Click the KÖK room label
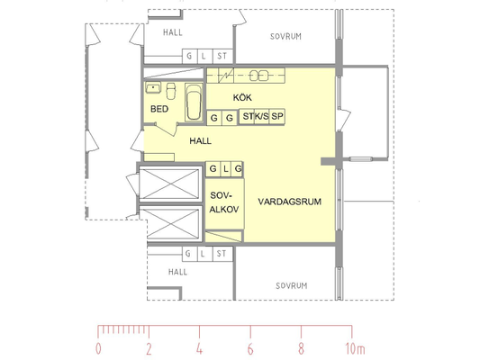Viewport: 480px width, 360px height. (242, 97)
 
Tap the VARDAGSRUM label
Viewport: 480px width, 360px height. (290, 202)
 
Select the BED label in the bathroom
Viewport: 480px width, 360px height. (159, 109)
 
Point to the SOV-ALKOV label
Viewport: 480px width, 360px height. (224, 202)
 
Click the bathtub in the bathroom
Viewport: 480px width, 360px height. (194, 103)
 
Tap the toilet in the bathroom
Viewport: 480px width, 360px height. (171, 91)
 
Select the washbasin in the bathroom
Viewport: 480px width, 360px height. (153, 87)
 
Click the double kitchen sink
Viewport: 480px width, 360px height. (258, 76)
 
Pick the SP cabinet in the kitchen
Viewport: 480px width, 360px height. (277, 116)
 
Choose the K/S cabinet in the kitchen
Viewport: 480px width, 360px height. (262, 116)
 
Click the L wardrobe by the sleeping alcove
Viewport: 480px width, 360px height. (226, 169)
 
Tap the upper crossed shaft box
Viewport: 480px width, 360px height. (169, 184)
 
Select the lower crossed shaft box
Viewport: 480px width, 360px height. (173, 224)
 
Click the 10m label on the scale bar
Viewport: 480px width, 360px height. (355, 348)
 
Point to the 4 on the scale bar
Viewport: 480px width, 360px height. (199, 348)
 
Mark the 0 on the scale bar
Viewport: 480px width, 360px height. (98, 348)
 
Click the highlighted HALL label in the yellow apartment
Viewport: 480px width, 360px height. (200, 141)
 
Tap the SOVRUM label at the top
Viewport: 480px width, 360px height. (285, 36)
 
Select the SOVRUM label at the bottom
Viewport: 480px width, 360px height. (291, 285)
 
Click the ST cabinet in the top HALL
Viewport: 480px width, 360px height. (222, 57)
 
